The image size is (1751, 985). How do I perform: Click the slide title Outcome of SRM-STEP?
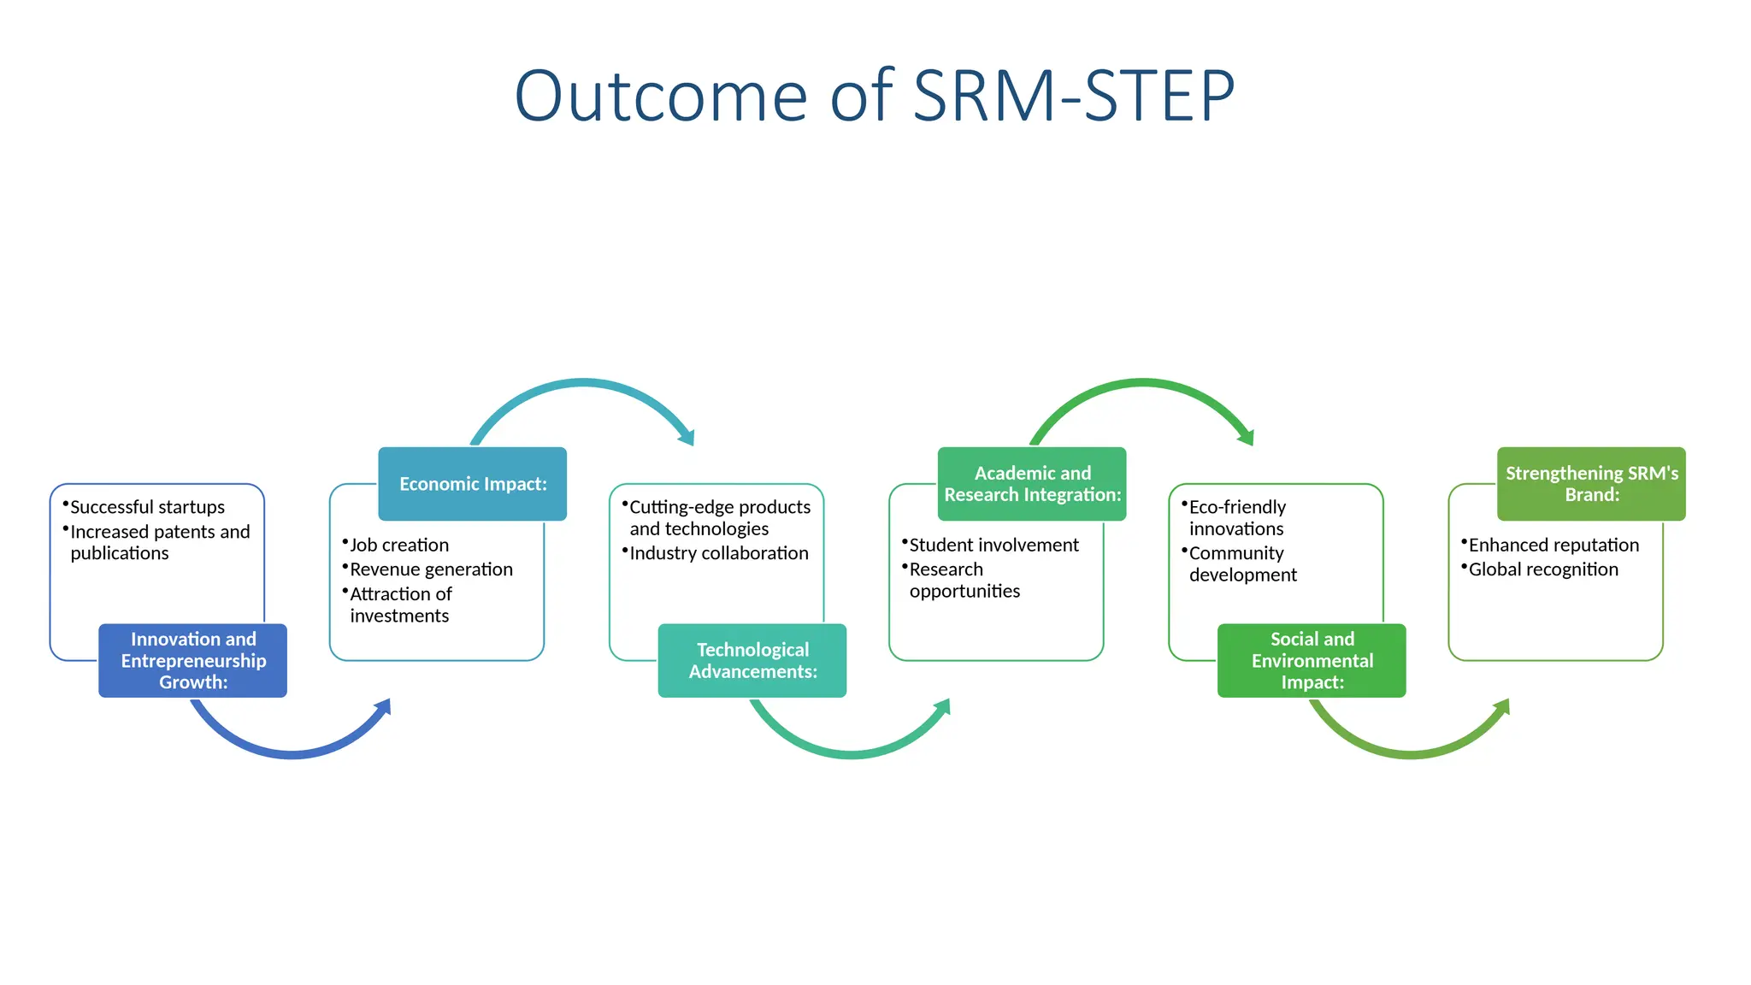(874, 96)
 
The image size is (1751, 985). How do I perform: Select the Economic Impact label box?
(472, 484)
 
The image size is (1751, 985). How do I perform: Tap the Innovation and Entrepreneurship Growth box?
(192, 660)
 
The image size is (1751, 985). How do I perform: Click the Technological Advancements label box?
(752, 660)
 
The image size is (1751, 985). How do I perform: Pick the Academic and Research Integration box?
(1031, 484)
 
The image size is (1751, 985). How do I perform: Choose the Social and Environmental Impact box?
(1311, 660)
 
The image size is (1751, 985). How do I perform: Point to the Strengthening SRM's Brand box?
(1590, 484)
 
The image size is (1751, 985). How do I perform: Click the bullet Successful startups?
(147, 507)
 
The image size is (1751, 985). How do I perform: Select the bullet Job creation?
(398, 545)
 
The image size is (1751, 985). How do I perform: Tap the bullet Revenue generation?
(431, 569)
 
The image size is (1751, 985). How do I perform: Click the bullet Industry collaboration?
(718, 553)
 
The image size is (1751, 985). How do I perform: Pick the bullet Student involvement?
(993, 545)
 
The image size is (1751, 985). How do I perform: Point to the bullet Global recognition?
(1542, 569)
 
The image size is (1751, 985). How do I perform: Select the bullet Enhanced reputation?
(1553, 545)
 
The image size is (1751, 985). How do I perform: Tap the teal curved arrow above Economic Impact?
(583, 384)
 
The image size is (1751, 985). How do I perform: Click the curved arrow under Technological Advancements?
(851, 753)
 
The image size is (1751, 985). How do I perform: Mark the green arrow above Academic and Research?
(1142, 384)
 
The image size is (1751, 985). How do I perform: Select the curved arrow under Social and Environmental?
(1410, 753)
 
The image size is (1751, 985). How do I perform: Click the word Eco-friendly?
(1237, 507)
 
